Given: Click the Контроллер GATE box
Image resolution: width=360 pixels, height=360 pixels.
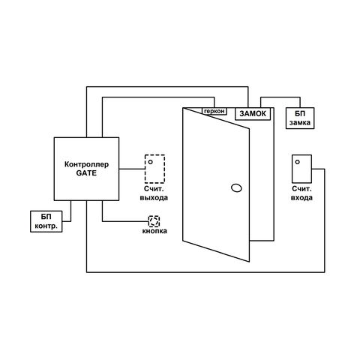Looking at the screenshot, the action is click(86, 169).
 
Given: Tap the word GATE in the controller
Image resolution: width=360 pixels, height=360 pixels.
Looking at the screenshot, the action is click(86, 173).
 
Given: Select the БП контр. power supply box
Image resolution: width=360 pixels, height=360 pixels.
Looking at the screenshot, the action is click(46, 221).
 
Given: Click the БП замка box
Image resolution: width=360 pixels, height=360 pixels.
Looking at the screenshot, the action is click(300, 118).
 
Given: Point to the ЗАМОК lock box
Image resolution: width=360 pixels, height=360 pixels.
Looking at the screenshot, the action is click(253, 114).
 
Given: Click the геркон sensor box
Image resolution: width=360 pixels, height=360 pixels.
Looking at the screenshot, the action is click(214, 111).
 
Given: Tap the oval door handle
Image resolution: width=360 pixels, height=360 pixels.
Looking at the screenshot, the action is click(236, 187).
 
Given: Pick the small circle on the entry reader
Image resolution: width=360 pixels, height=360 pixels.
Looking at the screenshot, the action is click(297, 162).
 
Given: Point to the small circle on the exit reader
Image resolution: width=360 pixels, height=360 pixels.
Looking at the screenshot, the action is click(150, 162).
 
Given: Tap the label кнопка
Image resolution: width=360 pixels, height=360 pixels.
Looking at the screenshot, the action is click(154, 231).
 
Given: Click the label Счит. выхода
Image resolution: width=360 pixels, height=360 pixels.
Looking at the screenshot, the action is click(154, 193).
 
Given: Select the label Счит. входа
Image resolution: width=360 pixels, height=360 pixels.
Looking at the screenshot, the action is click(301, 193).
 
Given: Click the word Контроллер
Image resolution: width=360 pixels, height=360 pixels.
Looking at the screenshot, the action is click(86, 164).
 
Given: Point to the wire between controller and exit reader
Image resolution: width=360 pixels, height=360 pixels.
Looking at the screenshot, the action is click(132, 169).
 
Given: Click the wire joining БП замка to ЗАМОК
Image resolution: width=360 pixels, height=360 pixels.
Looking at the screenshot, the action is click(280, 97).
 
